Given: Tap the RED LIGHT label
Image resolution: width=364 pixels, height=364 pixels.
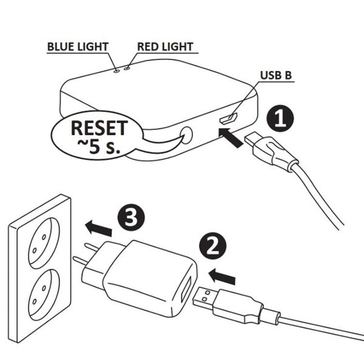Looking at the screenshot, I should pos(164,47).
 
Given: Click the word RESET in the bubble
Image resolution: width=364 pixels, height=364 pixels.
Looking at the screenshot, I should pos(99,129).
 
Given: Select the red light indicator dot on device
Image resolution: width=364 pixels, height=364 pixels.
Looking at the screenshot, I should pos(127,69).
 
